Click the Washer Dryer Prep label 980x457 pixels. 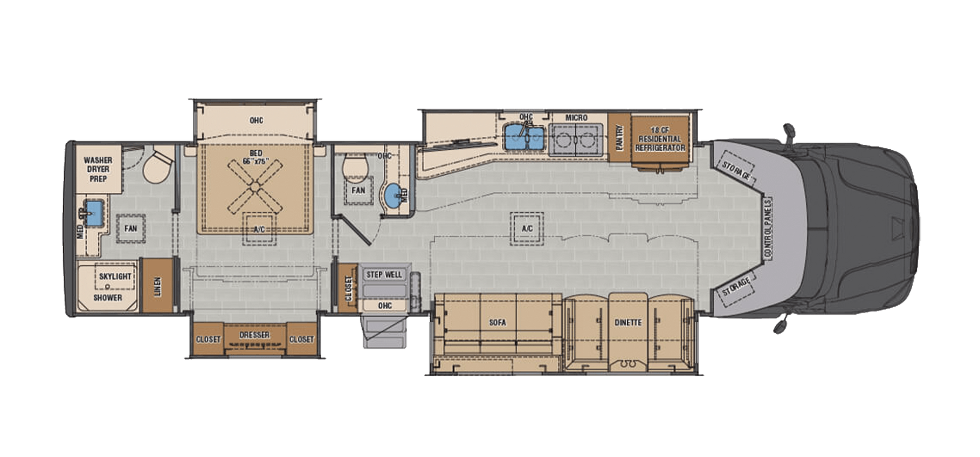click(x=98, y=169)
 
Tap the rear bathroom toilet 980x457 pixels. click(x=158, y=166)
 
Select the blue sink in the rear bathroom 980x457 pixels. click(x=94, y=213)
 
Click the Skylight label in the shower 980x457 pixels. click(x=115, y=276)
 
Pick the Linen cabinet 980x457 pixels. click(x=157, y=286)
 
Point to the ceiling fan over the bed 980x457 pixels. click(x=255, y=184)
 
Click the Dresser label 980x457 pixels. click(x=254, y=335)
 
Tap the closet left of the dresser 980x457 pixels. click(x=208, y=339)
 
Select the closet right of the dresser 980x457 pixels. click(x=302, y=339)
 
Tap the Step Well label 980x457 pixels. click(x=384, y=274)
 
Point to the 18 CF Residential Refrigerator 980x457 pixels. click(x=660, y=139)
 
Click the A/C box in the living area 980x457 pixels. click(x=527, y=228)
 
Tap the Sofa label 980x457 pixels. click(x=497, y=322)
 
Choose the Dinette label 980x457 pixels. click(x=628, y=322)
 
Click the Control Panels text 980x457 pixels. click(x=768, y=228)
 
